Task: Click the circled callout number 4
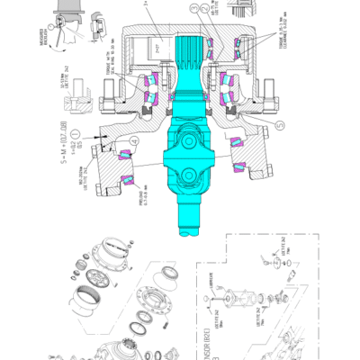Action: coord(134,141)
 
